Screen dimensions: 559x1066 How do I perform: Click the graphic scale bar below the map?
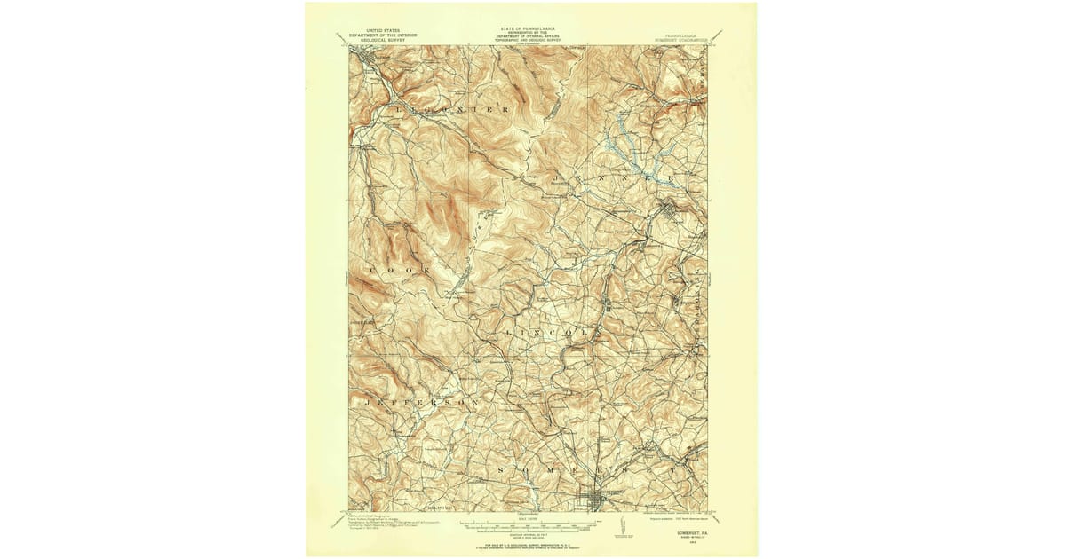(x=532, y=524)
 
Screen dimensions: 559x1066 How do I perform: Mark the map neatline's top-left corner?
(x=349, y=46)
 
